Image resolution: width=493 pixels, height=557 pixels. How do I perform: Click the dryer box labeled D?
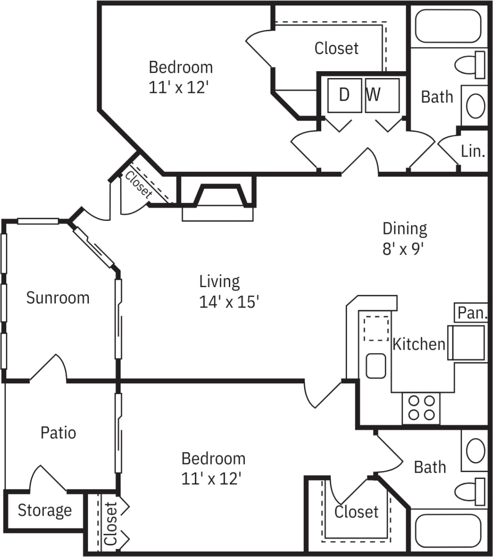[344, 95]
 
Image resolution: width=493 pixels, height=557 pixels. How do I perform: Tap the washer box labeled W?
[382, 95]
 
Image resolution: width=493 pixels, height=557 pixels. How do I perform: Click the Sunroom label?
[58, 298]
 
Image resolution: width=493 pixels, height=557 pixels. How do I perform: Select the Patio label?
[58, 433]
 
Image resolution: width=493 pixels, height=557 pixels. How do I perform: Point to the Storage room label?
[44, 510]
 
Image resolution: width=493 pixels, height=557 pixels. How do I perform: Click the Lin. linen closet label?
[473, 151]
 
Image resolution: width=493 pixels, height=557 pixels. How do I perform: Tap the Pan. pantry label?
[472, 313]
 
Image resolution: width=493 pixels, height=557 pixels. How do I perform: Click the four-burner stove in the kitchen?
[421, 408]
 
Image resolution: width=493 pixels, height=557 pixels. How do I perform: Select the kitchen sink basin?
[376, 366]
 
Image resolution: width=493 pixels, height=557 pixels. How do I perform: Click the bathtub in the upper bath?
[448, 26]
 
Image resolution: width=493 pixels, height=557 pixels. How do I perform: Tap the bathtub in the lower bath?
[448, 530]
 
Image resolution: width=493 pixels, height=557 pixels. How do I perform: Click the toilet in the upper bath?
[469, 65]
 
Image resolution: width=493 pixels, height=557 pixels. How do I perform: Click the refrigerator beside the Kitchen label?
[467, 343]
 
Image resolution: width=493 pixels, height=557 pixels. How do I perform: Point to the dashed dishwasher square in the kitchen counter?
[376, 328]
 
